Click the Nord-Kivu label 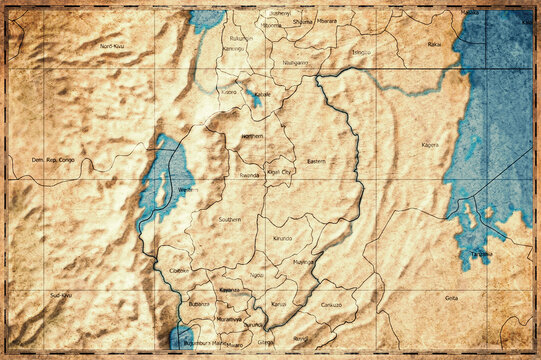click(112, 46)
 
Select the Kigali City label click(280, 172)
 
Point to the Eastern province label click(316, 161)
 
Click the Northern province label click(252, 136)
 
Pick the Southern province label click(230, 219)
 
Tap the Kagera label click(430, 145)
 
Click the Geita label click(451, 297)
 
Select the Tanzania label click(482, 254)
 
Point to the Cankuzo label click(331, 304)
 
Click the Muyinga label click(303, 262)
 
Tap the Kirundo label click(282, 239)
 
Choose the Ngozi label click(257, 274)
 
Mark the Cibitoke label click(179, 270)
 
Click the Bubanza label click(199, 303)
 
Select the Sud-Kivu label click(60, 296)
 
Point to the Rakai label click(434, 45)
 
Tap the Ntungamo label click(295, 63)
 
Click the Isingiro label click(361, 51)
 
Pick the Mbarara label click(326, 21)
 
